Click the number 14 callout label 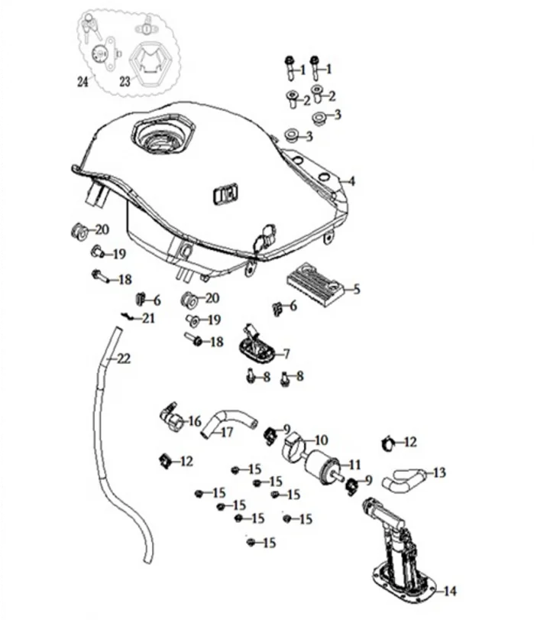click(449, 590)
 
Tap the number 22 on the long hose click(123, 359)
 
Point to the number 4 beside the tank click(353, 181)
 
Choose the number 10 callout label click(321, 440)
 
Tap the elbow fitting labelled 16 click(171, 417)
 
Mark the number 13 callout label click(439, 472)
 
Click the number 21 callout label click(148, 318)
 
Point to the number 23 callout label click(125, 80)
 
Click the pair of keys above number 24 click(93, 28)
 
